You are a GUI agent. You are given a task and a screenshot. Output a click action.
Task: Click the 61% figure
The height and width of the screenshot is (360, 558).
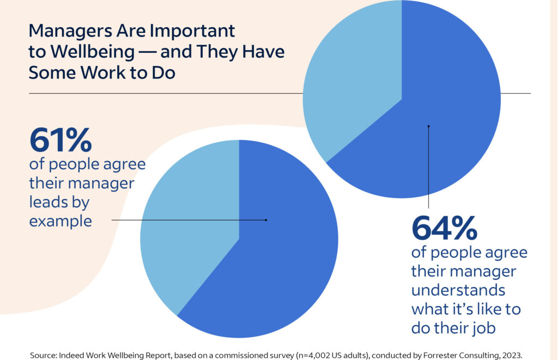tap(60, 140)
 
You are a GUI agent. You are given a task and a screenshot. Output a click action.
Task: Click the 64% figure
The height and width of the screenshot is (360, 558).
tap(444, 228)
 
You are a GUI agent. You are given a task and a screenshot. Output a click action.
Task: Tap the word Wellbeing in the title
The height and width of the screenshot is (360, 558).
tap(95, 52)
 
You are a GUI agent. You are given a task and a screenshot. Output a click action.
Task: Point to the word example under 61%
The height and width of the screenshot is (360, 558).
tap(60, 221)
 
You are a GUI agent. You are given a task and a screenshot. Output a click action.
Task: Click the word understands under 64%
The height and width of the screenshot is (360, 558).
tap(458, 289)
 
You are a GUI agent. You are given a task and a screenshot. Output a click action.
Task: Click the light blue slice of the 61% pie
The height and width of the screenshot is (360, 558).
tap(185, 229)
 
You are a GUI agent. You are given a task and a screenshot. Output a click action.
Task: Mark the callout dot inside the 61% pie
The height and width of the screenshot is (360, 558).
tap(266, 220)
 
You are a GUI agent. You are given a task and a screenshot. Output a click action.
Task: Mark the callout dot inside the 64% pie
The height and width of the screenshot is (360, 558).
tap(429, 126)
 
